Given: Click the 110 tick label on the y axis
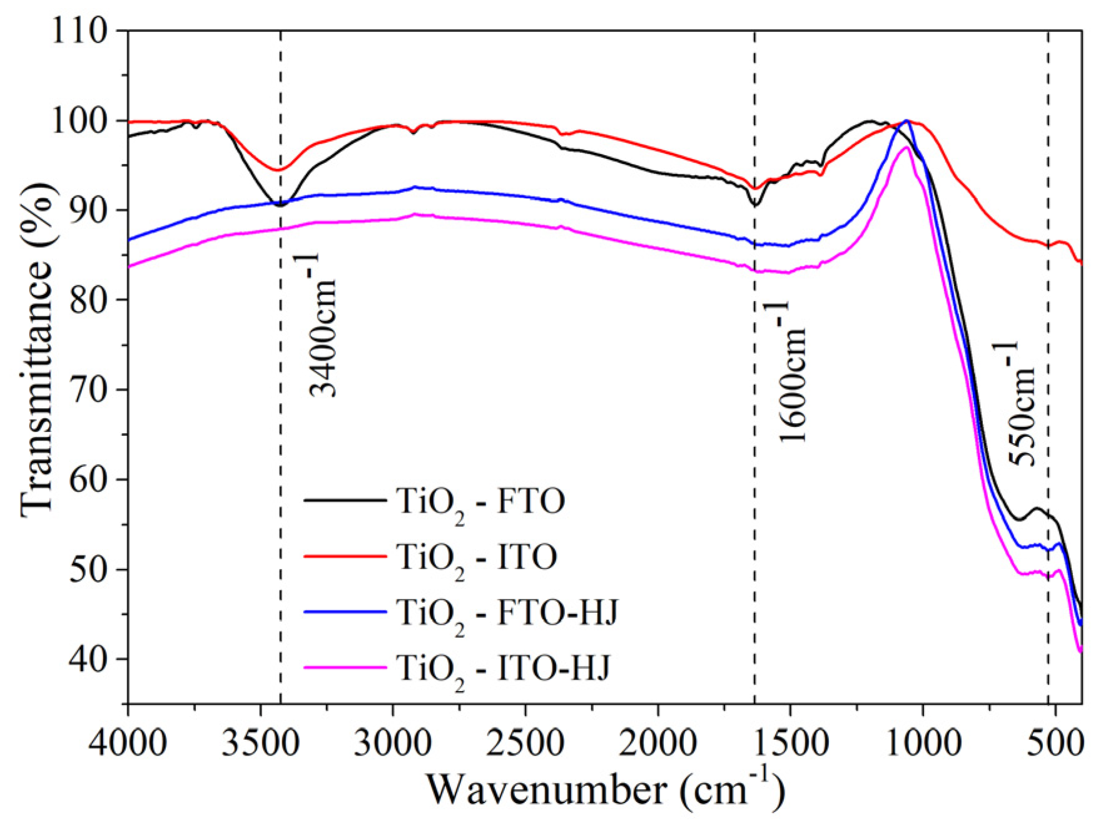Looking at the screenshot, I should point(80,30).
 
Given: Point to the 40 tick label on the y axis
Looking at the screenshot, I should point(88,658).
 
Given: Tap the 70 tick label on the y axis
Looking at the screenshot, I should point(88,389).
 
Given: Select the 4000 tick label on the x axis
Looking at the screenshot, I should point(128,744).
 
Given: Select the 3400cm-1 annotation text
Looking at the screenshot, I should point(322,325).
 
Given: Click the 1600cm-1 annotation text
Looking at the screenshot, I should point(791,372).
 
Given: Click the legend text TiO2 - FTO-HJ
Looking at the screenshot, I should point(507,613).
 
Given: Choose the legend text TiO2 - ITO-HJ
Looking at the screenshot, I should point(503,669).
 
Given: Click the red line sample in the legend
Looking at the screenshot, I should point(345,556).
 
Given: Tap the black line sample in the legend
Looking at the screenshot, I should point(345,500).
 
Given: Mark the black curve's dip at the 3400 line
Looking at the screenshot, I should point(280,205).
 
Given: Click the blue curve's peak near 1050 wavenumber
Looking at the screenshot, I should point(907,120).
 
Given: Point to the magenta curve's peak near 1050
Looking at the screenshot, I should point(905,148).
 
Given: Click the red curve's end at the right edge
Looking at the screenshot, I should point(1080,262).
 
